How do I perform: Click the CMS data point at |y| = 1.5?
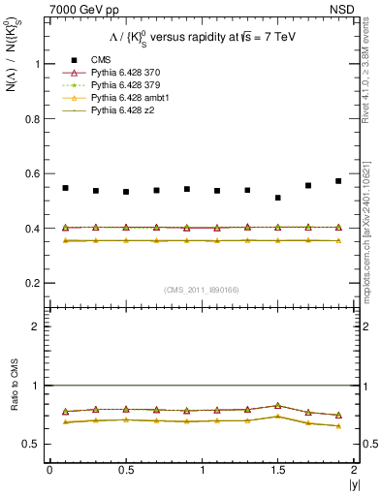[278, 198]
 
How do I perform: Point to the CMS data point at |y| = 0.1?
[65, 188]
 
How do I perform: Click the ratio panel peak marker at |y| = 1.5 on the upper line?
[278, 405]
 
